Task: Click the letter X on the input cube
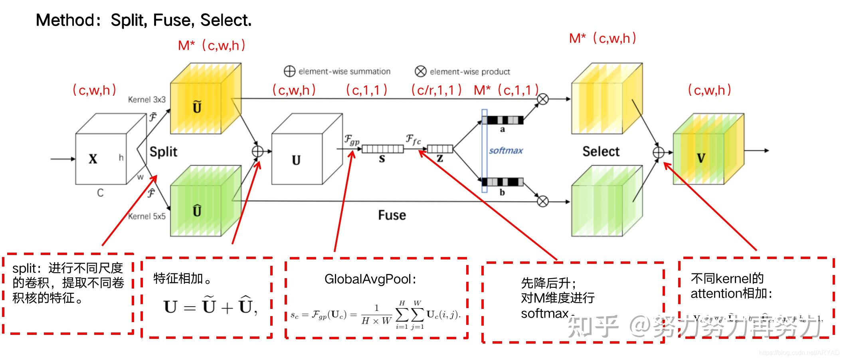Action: [x=93, y=159]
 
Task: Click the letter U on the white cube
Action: [x=296, y=160]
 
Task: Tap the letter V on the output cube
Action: [x=701, y=158]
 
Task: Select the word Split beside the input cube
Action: [x=163, y=152]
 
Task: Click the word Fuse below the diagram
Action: [x=392, y=216]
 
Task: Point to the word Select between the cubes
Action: [x=601, y=152]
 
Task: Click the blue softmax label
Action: [x=506, y=150]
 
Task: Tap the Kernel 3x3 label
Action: [x=146, y=99]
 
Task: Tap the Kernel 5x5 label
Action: [x=146, y=216]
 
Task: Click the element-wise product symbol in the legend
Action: [x=420, y=71]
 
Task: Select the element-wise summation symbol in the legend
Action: [x=289, y=71]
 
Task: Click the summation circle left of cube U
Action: [x=257, y=151]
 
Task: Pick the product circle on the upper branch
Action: [x=542, y=99]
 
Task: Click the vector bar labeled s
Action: [x=382, y=149]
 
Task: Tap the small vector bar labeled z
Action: [x=440, y=149]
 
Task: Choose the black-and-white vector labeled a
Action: [x=503, y=120]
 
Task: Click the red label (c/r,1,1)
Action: [x=436, y=90]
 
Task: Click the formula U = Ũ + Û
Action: [x=210, y=307]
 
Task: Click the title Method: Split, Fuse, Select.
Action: [x=144, y=20]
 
